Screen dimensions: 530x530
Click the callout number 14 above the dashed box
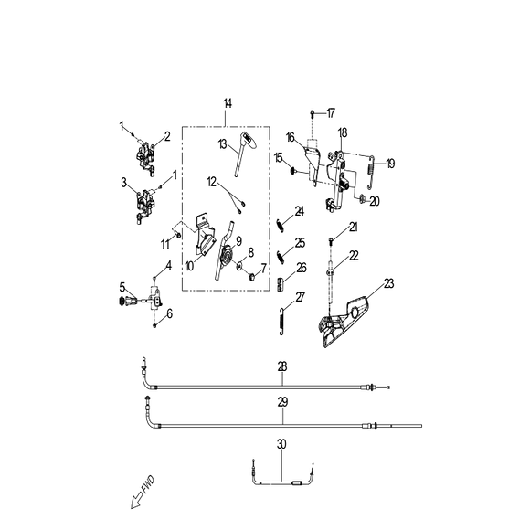coord(228,103)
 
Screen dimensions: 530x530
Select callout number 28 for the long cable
coord(282,366)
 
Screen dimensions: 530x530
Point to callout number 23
coord(389,283)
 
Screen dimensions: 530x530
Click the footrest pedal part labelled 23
coord(342,321)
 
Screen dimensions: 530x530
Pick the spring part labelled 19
coord(371,172)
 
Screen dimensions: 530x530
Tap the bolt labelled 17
coord(313,113)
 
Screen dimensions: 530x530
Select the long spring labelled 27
coord(281,321)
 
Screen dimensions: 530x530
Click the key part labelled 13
coord(244,154)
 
